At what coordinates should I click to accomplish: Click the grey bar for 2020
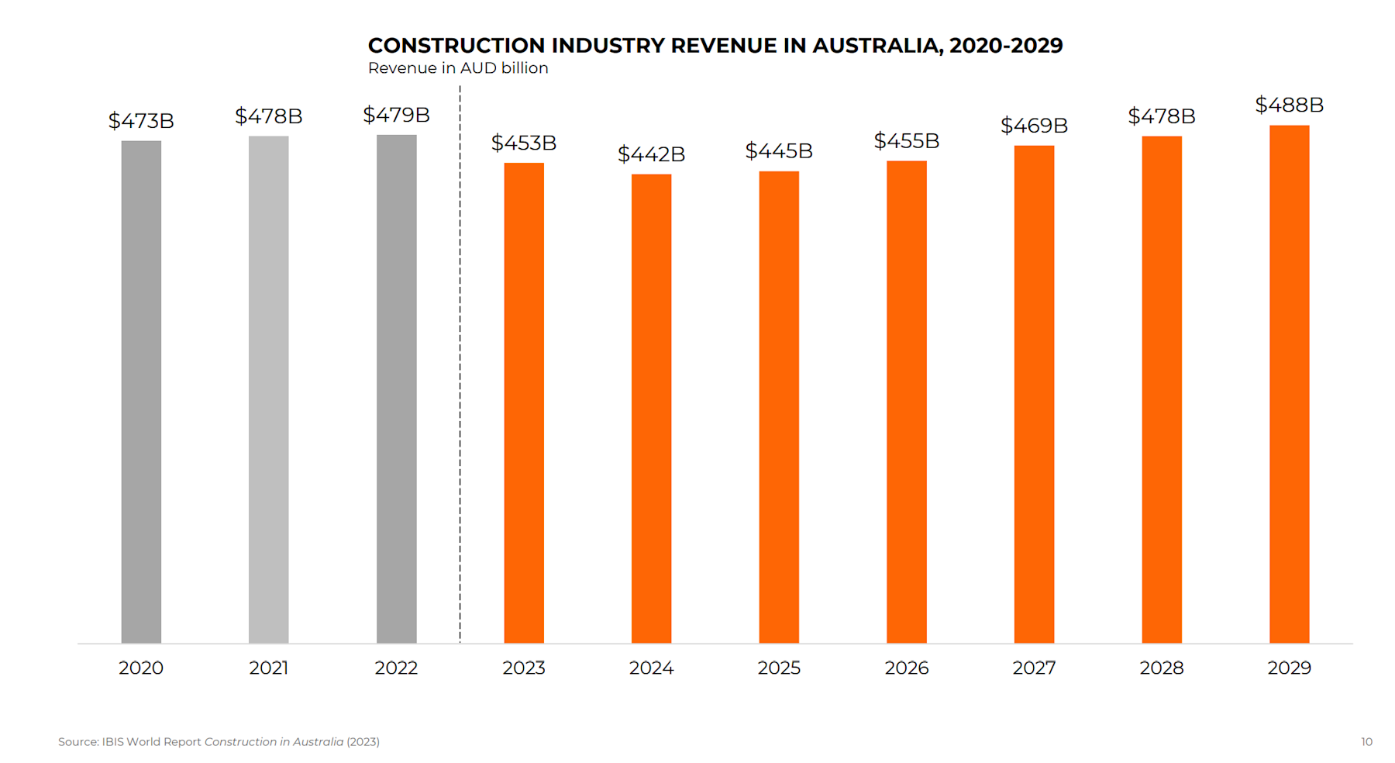pos(141,392)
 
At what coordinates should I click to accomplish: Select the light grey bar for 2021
pos(268,389)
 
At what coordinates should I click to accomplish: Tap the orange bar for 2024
pos(651,409)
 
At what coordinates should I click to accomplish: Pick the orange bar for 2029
pos(1289,384)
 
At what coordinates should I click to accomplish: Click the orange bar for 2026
pos(906,402)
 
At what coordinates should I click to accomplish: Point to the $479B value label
pos(396,115)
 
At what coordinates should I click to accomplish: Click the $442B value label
pos(651,154)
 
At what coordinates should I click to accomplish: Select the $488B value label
pos(1289,105)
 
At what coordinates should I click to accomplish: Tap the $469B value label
pos(1034,126)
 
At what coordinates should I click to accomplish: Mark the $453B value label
pos(524,143)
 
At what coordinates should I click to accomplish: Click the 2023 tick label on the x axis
pos(524,668)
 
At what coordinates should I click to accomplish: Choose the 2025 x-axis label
pos(779,668)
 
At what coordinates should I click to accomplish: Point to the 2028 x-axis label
pos(1161,668)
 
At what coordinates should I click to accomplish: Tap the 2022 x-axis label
pos(396,668)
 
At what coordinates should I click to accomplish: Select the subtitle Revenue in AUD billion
pos(458,68)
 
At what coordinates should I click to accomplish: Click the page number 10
pos(1366,742)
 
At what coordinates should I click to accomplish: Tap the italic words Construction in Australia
pos(274,742)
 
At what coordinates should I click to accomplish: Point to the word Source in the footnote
pos(77,742)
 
